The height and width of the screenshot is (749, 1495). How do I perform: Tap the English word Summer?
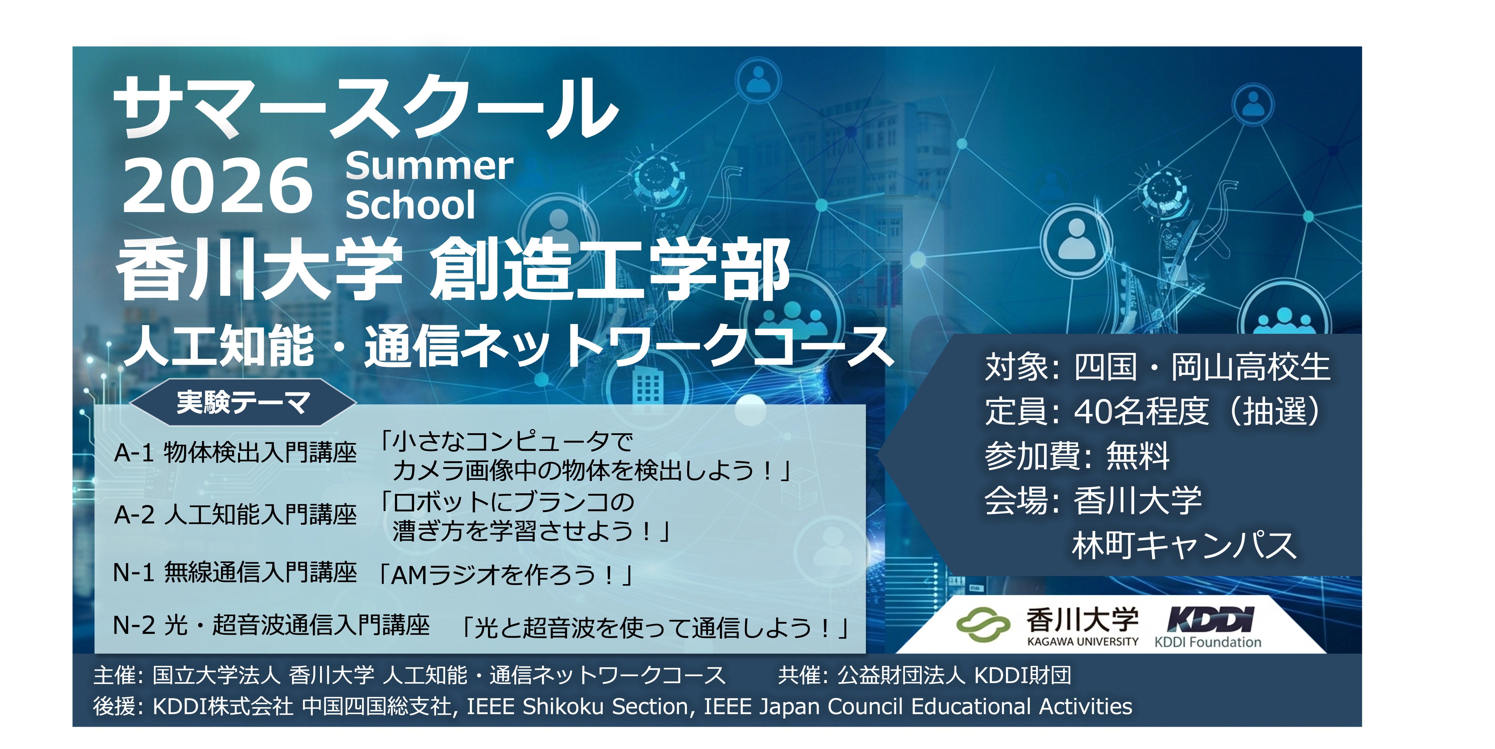tap(429, 166)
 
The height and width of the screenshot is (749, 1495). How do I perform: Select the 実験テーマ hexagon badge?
tap(243, 402)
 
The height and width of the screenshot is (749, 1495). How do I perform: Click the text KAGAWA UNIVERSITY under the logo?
tap(1082, 642)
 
